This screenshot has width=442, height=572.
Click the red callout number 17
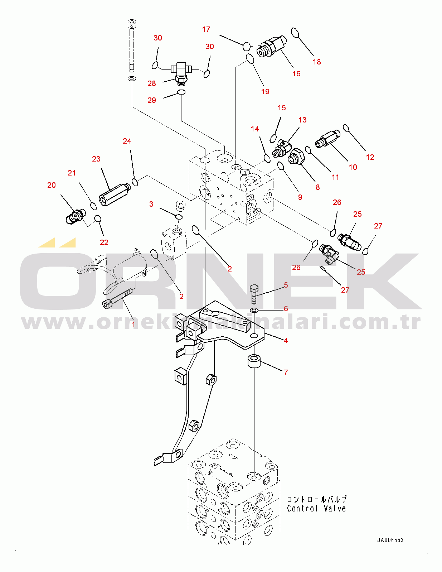point(206,29)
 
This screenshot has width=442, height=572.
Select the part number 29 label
point(152,100)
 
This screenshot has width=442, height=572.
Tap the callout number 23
point(96,159)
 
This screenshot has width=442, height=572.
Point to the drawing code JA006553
point(390,540)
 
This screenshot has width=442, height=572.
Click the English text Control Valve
point(316,508)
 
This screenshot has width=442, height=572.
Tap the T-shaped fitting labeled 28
point(181,74)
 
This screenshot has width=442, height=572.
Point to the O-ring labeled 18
point(295,33)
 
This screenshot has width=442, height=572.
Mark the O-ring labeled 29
point(181,92)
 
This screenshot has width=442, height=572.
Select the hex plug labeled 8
point(296,157)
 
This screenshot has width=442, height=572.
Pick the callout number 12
point(370,157)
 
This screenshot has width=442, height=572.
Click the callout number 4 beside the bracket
point(286,340)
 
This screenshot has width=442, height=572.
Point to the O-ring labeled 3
point(179,217)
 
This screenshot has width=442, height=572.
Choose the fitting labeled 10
point(327,139)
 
